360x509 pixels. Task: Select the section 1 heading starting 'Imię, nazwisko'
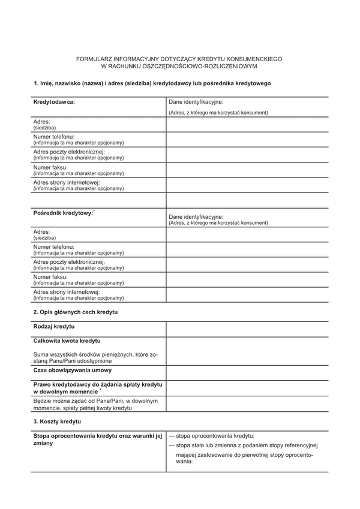[152, 83]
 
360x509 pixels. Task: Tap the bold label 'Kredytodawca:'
[54, 103]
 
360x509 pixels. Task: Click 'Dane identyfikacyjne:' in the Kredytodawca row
[196, 103]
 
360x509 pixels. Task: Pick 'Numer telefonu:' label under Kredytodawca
[54, 137]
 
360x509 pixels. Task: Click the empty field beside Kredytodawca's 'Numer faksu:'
[247, 170]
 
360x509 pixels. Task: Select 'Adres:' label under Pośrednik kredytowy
[42, 231]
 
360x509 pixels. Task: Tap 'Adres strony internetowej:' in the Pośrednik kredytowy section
[67, 292]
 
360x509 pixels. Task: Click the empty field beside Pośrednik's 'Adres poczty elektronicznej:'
[247, 264]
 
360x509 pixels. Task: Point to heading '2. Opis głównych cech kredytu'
[76, 312]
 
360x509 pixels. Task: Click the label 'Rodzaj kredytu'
[54, 326]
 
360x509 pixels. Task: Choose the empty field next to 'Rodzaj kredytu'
[247, 329]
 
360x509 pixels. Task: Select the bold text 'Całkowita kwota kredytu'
[67, 341]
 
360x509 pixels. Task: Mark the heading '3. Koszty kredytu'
[57, 421]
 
